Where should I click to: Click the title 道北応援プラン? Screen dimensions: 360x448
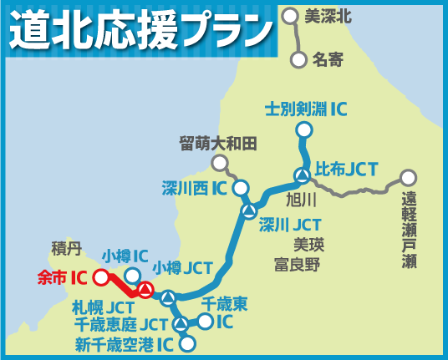coord(142,30)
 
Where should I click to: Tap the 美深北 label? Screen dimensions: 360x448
coord(327,14)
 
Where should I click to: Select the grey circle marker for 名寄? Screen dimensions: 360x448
coord(299,59)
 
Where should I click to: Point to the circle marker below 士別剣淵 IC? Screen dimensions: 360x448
coord(303,130)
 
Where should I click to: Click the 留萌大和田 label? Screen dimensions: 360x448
coord(218,143)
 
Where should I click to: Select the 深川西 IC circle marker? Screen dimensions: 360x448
coord(241,188)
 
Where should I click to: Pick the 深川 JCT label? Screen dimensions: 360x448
coord(289,224)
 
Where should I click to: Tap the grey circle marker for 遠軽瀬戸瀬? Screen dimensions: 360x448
coord(408,177)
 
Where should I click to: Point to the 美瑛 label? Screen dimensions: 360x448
coord(308,245)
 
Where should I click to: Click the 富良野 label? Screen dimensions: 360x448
coord(297,266)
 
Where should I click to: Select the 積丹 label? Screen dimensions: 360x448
coord(66,247)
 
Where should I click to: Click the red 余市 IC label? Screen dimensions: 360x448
coord(63,275)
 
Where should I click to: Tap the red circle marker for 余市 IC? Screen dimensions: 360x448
coord(101,276)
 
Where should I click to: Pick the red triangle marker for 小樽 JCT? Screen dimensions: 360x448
coord(146,290)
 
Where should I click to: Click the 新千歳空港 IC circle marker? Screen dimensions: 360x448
coord(187,342)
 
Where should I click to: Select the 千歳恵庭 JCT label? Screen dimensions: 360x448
coord(121,324)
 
